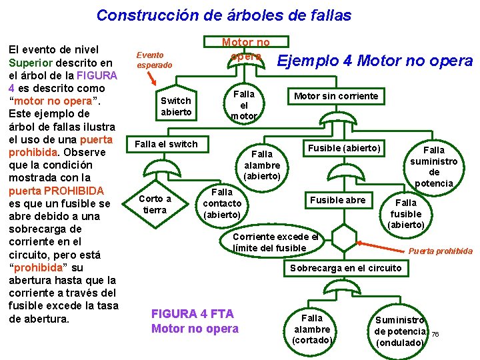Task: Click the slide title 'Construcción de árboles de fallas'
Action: (x=223, y=15)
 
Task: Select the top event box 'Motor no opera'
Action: (x=245, y=49)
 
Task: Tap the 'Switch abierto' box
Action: (x=176, y=106)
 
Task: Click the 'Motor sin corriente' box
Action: (x=336, y=96)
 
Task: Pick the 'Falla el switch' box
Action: (x=166, y=143)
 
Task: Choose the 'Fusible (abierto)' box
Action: (x=344, y=147)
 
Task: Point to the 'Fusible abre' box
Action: (x=337, y=199)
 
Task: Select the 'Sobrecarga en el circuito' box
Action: (x=345, y=268)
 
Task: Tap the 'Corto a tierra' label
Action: (x=155, y=204)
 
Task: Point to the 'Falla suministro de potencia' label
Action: (x=434, y=167)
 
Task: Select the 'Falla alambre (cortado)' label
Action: (x=312, y=329)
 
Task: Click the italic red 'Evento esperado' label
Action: (x=154, y=60)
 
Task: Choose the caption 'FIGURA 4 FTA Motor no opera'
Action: (x=195, y=321)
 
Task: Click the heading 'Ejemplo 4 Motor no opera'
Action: (x=375, y=61)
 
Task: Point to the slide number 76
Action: (x=435, y=334)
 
